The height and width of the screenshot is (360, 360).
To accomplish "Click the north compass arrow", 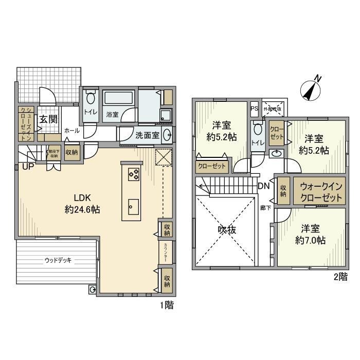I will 311,89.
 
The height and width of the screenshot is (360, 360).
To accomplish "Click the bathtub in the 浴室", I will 119,98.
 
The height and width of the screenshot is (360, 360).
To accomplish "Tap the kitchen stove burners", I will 133,174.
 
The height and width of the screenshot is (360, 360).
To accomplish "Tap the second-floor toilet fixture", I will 257,130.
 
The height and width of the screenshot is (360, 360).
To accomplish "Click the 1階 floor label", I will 166,305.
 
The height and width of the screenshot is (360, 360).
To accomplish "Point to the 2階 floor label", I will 340,278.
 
